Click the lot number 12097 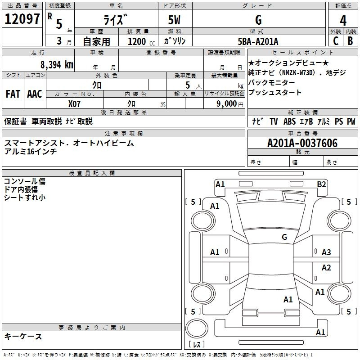tap(22, 18)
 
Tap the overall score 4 tap(343, 20)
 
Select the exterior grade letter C tap(336, 41)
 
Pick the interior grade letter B tap(351, 41)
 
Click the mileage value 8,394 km tap(57, 65)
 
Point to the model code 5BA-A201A tap(258, 41)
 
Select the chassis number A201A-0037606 tap(302, 143)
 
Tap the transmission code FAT tap(13, 94)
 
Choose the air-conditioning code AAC tap(35, 94)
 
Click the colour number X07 tap(74, 104)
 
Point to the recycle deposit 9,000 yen tap(230, 104)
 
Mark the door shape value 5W tap(174, 20)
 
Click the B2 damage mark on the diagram tap(321, 184)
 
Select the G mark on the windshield tap(284, 237)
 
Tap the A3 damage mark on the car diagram tap(326, 252)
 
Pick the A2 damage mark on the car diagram tap(326, 267)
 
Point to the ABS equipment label tap(289, 121)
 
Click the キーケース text tap(23, 336)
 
